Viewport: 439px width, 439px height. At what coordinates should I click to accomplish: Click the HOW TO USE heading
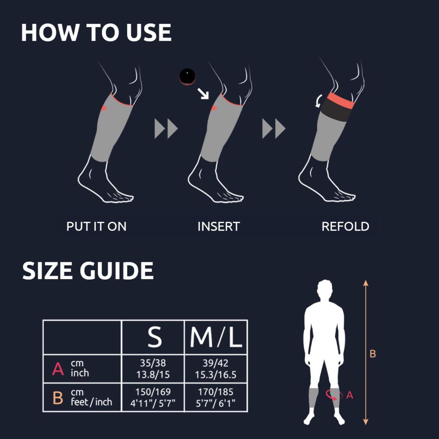[x=96, y=33]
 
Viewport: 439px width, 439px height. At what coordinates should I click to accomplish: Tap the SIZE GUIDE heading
[x=88, y=271]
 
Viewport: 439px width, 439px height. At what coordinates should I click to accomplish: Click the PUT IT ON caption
[x=96, y=226]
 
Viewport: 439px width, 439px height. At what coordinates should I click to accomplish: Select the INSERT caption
[x=219, y=226]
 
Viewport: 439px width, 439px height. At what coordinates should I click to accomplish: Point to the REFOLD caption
[x=345, y=226]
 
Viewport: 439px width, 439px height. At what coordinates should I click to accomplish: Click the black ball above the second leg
[x=187, y=76]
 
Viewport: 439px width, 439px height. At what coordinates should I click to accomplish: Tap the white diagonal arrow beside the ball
[x=203, y=93]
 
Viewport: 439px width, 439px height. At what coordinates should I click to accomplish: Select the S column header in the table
[x=154, y=337]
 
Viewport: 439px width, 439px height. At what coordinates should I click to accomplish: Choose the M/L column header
[x=216, y=337]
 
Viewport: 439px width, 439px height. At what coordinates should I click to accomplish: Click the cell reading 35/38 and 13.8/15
[x=153, y=368]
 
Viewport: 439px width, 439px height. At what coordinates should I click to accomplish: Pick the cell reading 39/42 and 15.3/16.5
[x=216, y=368]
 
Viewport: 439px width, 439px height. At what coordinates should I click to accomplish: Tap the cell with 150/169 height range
[x=153, y=397]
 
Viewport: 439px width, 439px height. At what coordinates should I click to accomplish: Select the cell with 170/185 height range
[x=216, y=397]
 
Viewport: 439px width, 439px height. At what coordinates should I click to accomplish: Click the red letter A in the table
[x=58, y=369]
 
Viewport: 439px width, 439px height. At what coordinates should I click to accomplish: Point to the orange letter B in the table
[x=58, y=397]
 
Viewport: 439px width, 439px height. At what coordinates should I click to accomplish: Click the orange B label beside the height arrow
[x=373, y=354]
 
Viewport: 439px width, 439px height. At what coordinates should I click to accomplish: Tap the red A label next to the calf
[x=350, y=395]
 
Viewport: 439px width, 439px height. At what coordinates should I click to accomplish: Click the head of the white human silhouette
[x=325, y=289]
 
